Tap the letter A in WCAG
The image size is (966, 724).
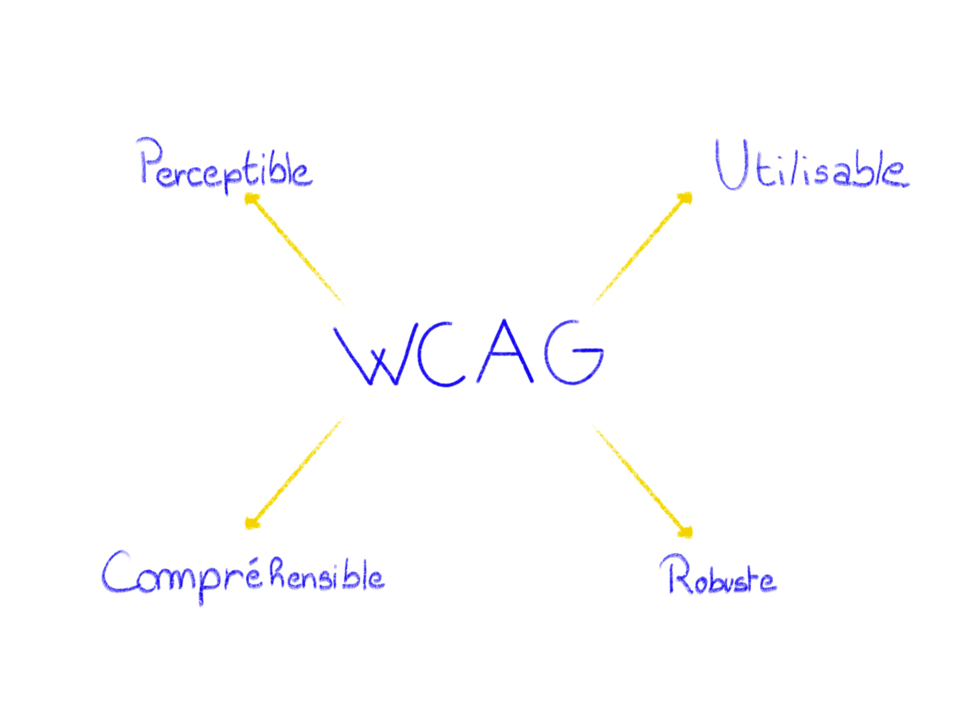[505, 354]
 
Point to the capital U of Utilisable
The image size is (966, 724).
[731, 166]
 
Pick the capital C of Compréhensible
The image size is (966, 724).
[116, 572]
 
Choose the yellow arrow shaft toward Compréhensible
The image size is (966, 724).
[297, 472]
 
